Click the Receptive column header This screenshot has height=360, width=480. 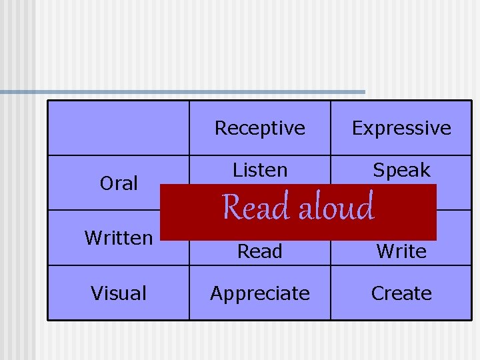click(260, 128)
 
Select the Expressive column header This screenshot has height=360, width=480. click(401, 128)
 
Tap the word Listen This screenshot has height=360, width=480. click(260, 171)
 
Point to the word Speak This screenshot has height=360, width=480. click(401, 171)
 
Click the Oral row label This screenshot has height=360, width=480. click(119, 183)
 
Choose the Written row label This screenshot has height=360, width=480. click(119, 238)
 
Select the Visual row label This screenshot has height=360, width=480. click(119, 293)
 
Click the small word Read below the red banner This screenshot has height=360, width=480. click(260, 251)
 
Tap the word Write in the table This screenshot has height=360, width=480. click(401, 251)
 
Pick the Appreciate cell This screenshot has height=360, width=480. click(260, 293)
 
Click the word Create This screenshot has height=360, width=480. click(401, 293)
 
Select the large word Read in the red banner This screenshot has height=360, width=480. click(255, 207)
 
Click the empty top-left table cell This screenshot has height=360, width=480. click(119, 128)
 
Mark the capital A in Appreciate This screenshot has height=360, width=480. click(216, 293)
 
